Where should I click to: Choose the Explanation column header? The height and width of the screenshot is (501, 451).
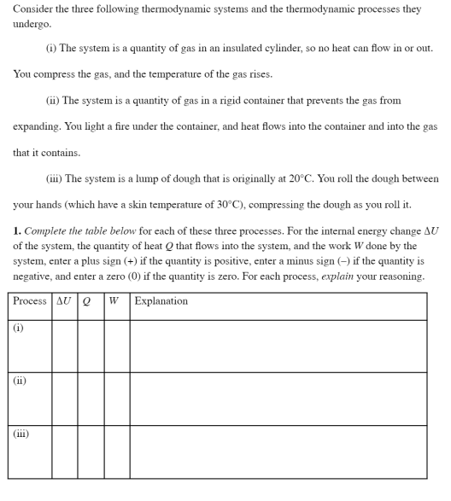pyautogui.click(x=161, y=301)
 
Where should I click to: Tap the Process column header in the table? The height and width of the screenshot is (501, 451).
pyautogui.click(x=30, y=301)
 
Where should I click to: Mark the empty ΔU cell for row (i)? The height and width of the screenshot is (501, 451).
pyautogui.click(x=65, y=347)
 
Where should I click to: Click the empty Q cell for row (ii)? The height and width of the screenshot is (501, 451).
pyautogui.click(x=91, y=399)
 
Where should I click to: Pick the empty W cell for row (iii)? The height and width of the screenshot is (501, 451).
pyautogui.click(x=117, y=451)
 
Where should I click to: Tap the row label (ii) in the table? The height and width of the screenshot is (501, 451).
pyautogui.click(x=20, y=381)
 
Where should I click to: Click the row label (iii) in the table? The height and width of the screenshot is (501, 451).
pyautogui.click(x=21, y=434)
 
